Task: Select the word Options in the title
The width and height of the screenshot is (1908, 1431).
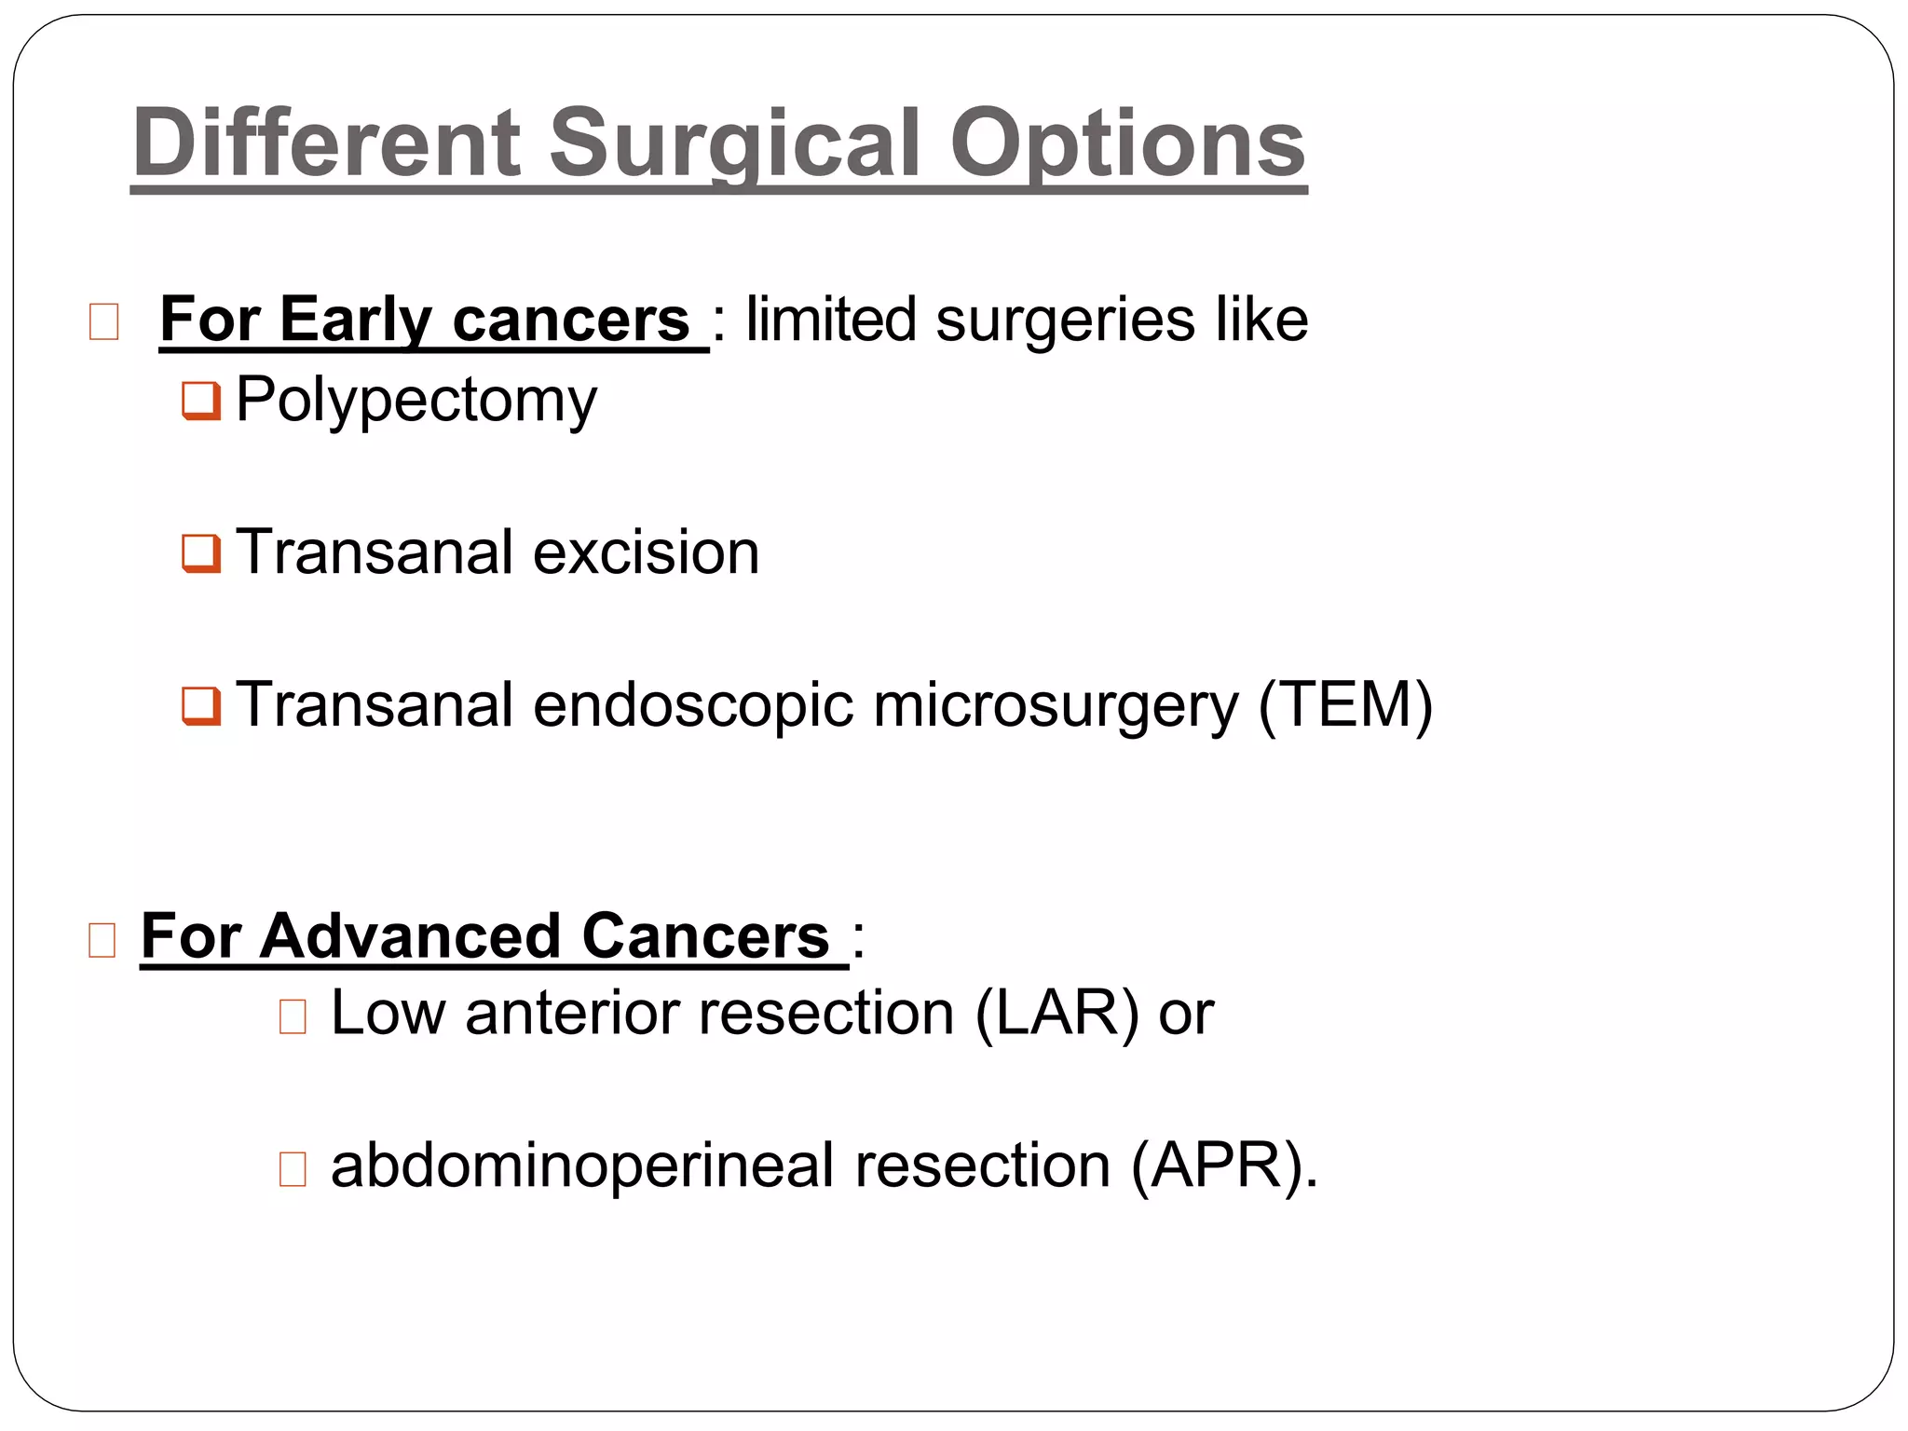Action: click(x=1127, y=143)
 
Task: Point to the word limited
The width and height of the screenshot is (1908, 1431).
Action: click(x=831, y=320)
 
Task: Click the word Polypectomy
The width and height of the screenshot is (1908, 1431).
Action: click(x=416, y=401)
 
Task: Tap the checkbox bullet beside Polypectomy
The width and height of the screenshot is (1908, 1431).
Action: click(x=201, y=401)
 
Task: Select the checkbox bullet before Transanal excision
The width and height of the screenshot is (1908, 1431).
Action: click(x=201, y=552)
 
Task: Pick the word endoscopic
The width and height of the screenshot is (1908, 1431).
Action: click(x=693, y=705)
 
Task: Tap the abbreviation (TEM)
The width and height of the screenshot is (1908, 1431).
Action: click(x=1345, y=705)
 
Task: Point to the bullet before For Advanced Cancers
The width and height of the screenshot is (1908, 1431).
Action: click(x=102, y=940)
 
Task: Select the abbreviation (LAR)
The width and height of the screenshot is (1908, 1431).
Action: click(x=1056, y=1014)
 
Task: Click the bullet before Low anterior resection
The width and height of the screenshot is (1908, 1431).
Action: click(x=293, y=1016)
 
